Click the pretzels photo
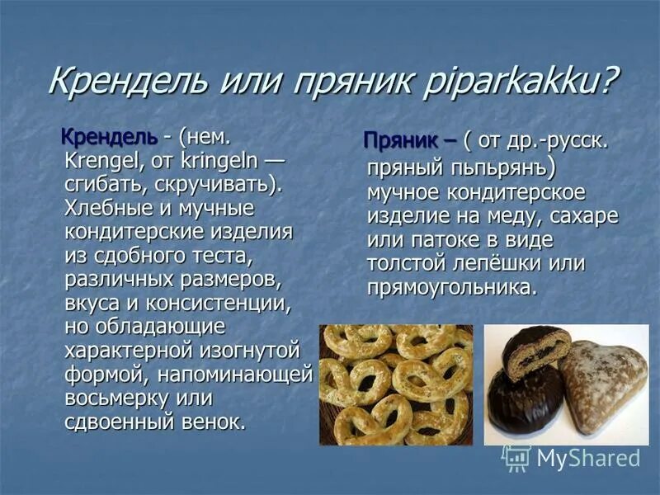coord(396,384)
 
